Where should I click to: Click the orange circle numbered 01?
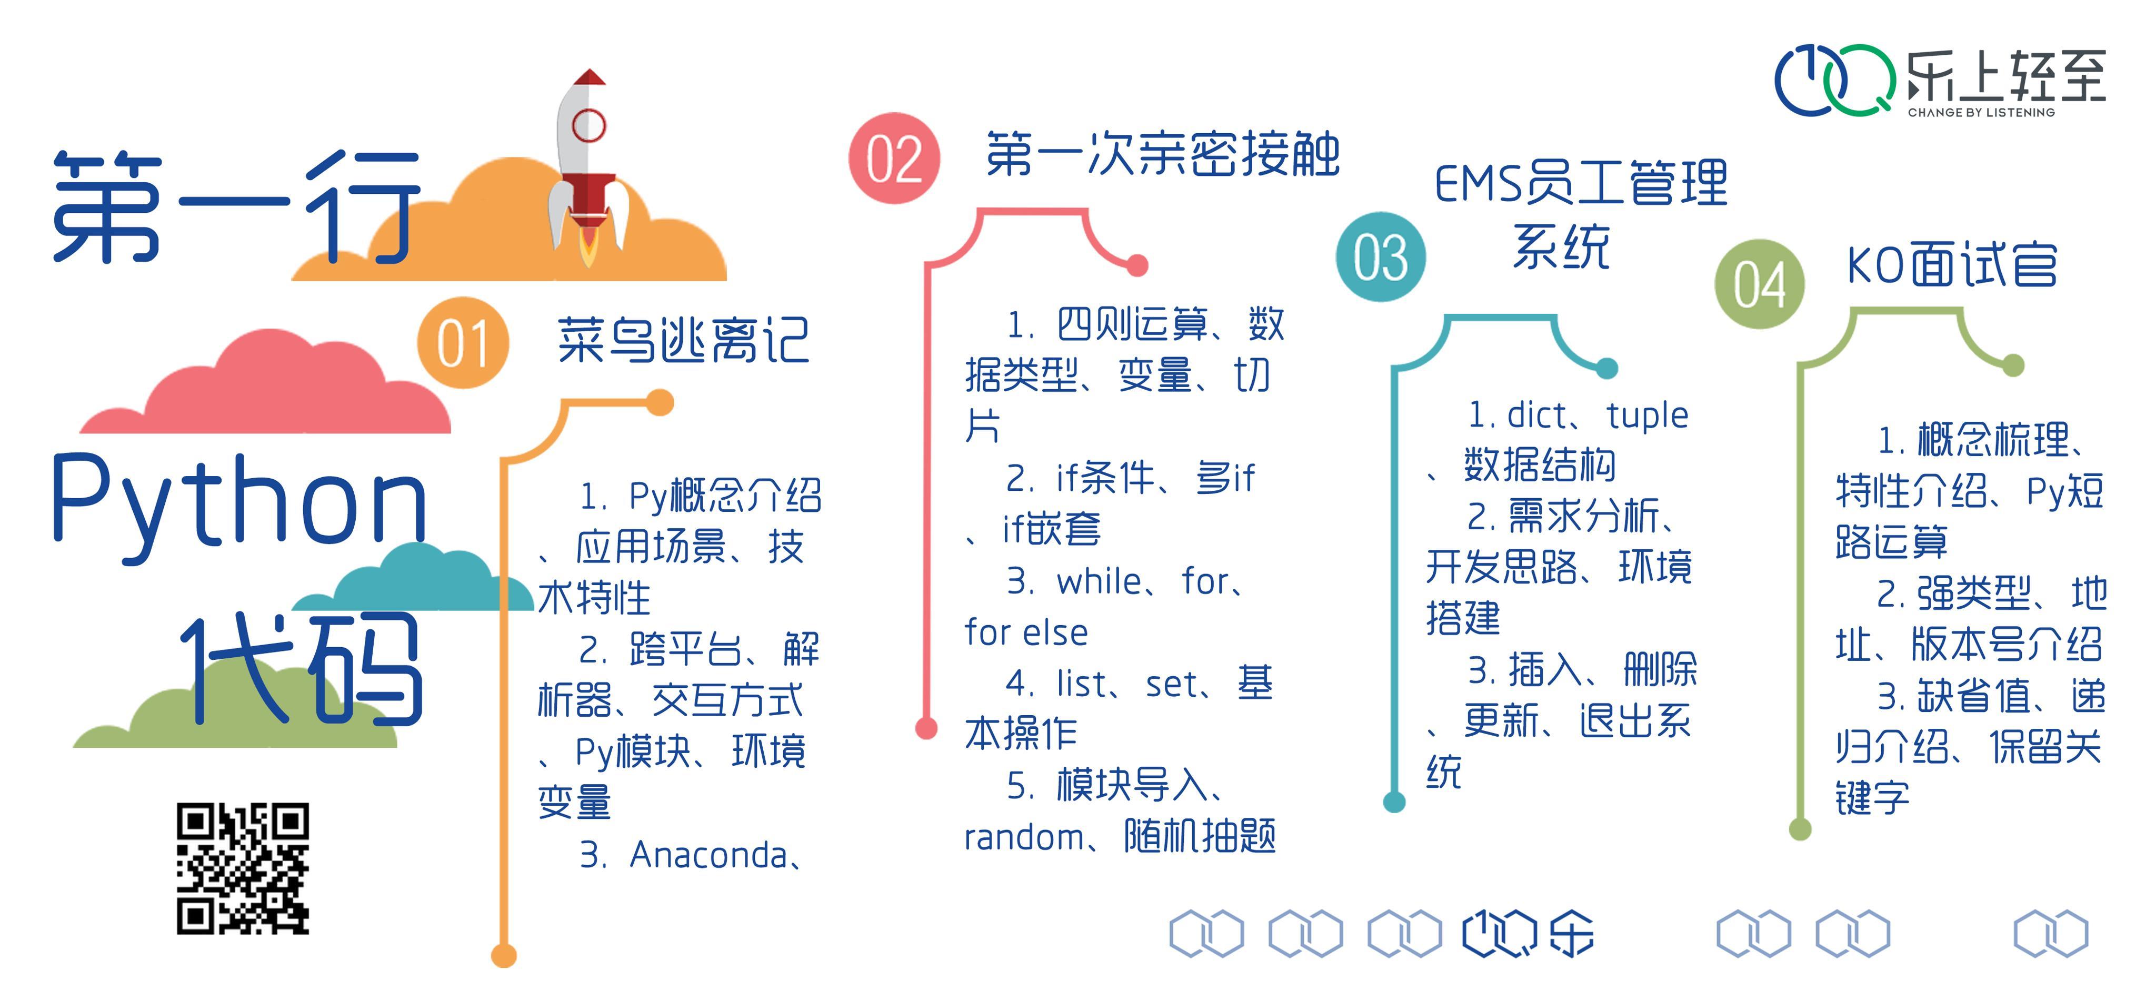[x=462, y=342]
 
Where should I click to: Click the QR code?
[x=243, y=868]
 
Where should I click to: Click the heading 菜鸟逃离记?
[x=683, y=341]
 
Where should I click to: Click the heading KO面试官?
[x=1951, y=266]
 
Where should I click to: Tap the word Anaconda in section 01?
[x=708, y=855]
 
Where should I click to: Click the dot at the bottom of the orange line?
[x=503, y=955]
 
